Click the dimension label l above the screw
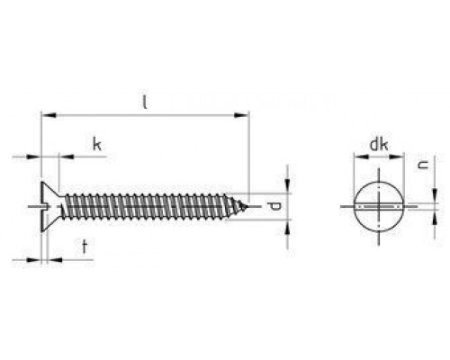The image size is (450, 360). [x=145, y=102]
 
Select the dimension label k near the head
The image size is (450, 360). [x=96, y=144]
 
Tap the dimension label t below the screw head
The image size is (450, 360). [x=85, y=247]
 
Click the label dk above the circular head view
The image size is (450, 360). [x=379, y=144]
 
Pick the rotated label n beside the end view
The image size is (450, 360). [x=423, y=165]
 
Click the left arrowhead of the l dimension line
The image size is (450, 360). [x=49, y=115]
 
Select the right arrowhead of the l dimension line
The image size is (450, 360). [x=241, y=115]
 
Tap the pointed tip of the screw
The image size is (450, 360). [x=247, y=206]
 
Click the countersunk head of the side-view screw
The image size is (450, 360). [x=50, y=206]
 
